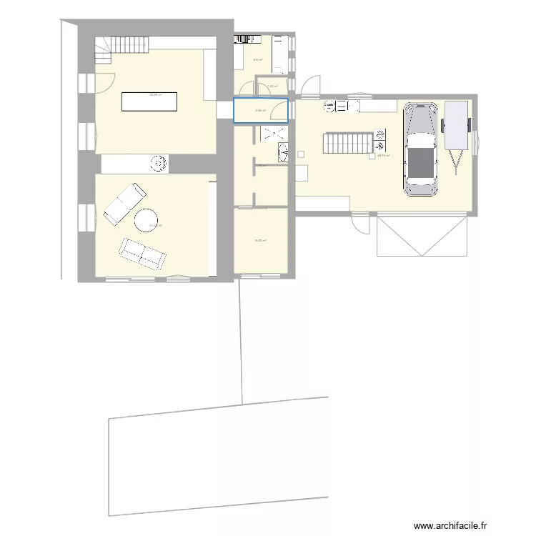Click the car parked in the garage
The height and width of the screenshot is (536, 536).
coord(420,149)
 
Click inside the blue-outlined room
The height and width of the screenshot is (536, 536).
coord(261,110)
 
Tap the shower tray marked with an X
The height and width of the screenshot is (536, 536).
coord(273,134)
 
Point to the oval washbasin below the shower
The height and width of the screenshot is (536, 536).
coord(282,152)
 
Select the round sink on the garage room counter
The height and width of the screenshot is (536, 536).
coord(329,106)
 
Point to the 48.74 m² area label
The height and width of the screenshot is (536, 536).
coord(382,155)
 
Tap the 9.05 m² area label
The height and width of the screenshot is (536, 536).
coord(261,241)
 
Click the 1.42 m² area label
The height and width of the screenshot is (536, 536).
coord(272,87)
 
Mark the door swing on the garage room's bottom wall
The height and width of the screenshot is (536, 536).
coord(362,223)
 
